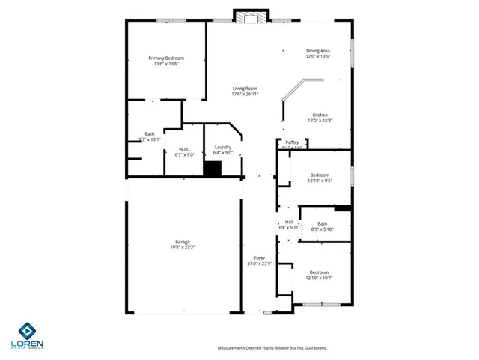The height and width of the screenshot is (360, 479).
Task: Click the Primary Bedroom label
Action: tap(165, 58)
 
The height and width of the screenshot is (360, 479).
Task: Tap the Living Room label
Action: tap(245, 88)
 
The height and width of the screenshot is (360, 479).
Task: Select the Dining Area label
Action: tap(317, 51)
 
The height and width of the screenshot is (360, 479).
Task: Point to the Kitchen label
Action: tap(320, 115)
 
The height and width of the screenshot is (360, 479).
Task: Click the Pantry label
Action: tap(292, 142)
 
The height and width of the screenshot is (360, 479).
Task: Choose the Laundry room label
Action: tap(222, 147)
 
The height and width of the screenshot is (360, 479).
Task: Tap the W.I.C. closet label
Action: tap(184, 149)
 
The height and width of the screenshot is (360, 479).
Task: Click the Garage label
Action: tap(183, 241)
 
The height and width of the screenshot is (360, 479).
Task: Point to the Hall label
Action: tap(289, 222)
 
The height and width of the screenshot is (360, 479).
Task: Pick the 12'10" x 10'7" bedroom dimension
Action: tap(319, 278)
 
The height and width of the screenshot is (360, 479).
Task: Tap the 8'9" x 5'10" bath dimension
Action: tap(322, 229)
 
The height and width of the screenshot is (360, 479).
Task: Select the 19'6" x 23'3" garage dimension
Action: tap(183, 247)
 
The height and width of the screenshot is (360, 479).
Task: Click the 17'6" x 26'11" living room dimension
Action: tap(245, 94)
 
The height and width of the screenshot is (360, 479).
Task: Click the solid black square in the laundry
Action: tap(213, 169)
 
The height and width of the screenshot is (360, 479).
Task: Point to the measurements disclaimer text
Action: tap(272, 348)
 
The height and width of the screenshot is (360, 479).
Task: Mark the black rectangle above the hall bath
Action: tap(343, 208)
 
